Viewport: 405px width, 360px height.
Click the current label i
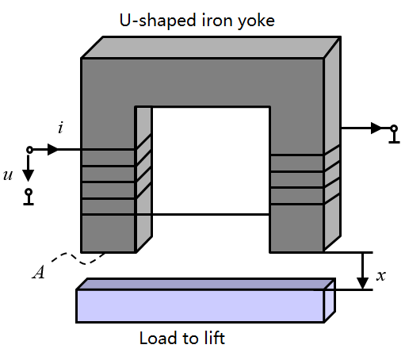[60, 128]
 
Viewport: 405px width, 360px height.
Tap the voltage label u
[8, 175]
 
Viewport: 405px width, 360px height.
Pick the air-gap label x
[381, 275]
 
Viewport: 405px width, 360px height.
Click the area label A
[39, 272]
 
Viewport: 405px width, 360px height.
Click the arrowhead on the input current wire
[53, 150]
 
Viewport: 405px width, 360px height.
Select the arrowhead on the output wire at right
[376, 128]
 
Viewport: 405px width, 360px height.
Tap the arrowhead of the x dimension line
[362, 284]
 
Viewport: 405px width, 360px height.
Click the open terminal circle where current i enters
[29, 150]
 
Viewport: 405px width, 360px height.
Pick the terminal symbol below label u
[29, 197]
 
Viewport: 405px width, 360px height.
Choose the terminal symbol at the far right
[394, 134]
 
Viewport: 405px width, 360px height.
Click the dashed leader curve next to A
[78, 259]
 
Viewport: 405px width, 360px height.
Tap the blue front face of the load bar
[200, 306]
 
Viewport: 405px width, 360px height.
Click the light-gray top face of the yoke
[211, 48]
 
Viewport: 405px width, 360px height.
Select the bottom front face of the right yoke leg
[296, 228]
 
